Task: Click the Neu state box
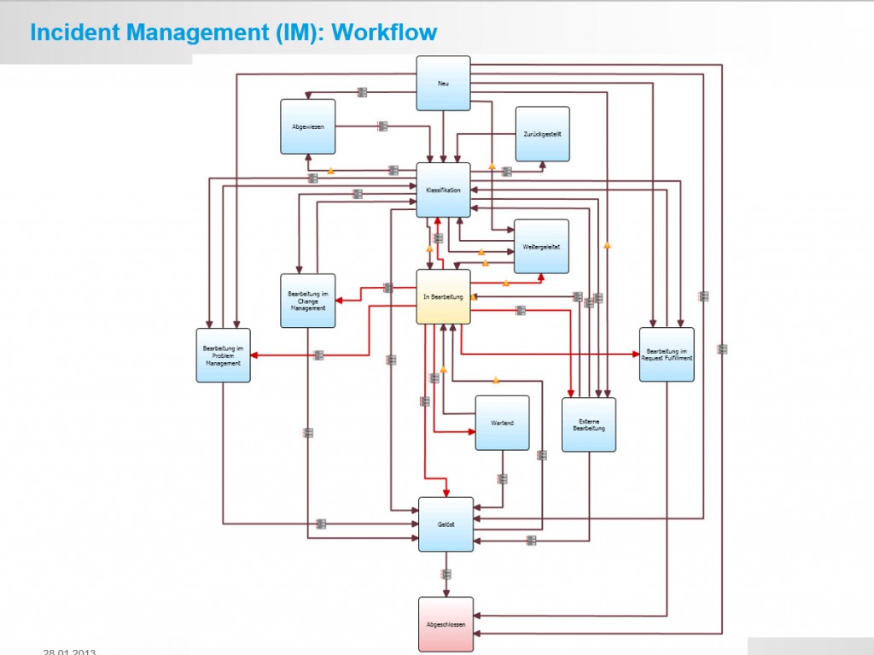443,83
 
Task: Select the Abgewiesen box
307,126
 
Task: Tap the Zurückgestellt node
542,134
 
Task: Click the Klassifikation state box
443,190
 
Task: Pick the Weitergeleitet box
541,247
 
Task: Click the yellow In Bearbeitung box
443,296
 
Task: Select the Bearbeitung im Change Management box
307,301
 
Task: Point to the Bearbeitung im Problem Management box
223,355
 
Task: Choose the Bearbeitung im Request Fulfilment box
667,354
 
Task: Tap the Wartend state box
502,423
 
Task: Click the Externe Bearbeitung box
588,424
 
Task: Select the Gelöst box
446,524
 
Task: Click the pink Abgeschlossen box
446,624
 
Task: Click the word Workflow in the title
384,32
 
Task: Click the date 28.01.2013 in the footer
69,652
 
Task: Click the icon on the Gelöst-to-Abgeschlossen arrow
446,574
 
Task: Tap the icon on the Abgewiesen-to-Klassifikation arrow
382,126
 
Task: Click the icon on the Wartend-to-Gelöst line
502,479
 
